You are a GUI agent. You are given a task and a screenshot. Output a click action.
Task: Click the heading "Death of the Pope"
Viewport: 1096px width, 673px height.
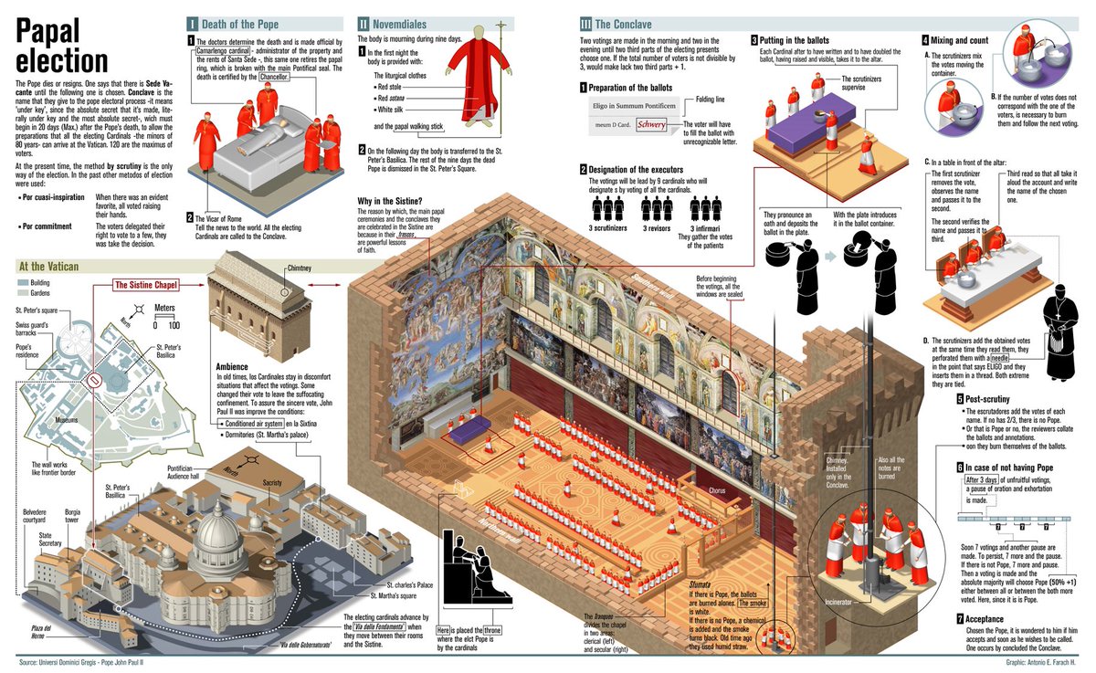pyautogui.click(x=239, y=24)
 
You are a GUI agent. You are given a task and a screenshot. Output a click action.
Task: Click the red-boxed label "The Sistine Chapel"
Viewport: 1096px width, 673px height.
pyautogui.click(x=145, y=285)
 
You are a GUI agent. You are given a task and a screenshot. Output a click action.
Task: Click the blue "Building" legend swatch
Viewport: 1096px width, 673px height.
pyautogui.click(x=24, y=283)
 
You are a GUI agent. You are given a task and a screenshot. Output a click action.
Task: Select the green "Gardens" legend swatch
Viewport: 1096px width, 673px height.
pyautogui.click(x=24, y=295)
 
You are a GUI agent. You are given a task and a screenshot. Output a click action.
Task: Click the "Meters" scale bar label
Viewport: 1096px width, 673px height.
pyautogui.click(x=164, y=309)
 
